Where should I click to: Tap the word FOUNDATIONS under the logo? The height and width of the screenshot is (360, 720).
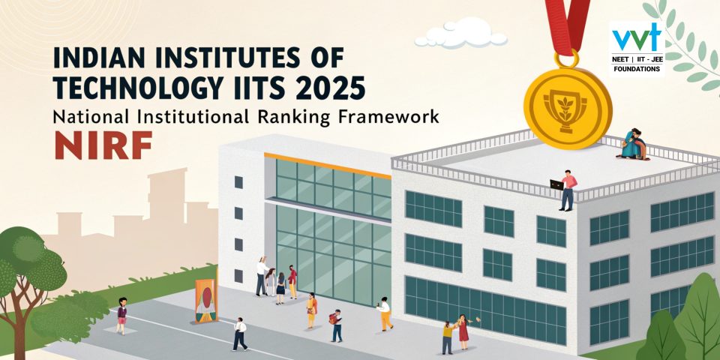636,68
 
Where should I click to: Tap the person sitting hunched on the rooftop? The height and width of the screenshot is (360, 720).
631,143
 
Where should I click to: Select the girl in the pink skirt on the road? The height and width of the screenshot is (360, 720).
121,315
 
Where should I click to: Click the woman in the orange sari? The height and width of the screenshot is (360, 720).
311,310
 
